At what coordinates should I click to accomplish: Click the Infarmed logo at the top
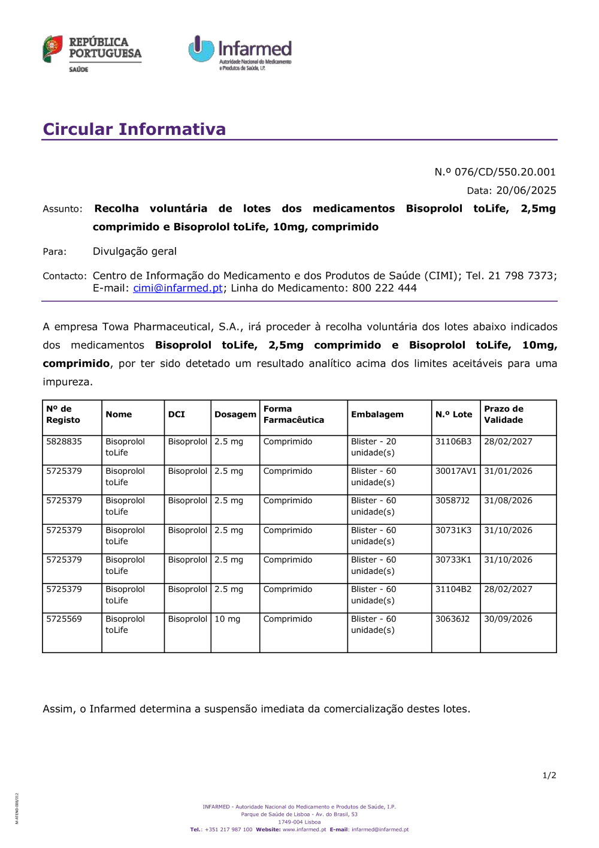point(240,52)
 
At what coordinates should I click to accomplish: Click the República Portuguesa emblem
point(53,49)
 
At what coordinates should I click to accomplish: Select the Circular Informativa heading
point(134,129)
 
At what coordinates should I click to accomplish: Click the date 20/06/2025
point(526,190)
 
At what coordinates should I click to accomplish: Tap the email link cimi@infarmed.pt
point(178,288)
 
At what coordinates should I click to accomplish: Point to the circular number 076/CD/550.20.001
point(505,172)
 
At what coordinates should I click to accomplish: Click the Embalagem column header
point(377,414)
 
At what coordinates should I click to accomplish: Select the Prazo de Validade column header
point(504,414)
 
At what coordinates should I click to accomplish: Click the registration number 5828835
point(64,441)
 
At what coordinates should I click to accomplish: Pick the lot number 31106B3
point(453,441)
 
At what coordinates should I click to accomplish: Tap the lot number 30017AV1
point(456,471)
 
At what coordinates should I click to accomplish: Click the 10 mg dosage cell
point(228,619)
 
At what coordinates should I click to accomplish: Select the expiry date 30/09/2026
point(508,619)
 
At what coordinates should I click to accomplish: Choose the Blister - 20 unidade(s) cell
point(374,447)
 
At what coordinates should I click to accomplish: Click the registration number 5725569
point(64,619)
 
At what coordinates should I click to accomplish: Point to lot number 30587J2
point(453,500)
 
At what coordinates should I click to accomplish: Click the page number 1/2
point(549,775)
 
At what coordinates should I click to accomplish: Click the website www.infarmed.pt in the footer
point(304,830)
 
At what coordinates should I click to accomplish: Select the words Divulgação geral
point(135,251)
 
